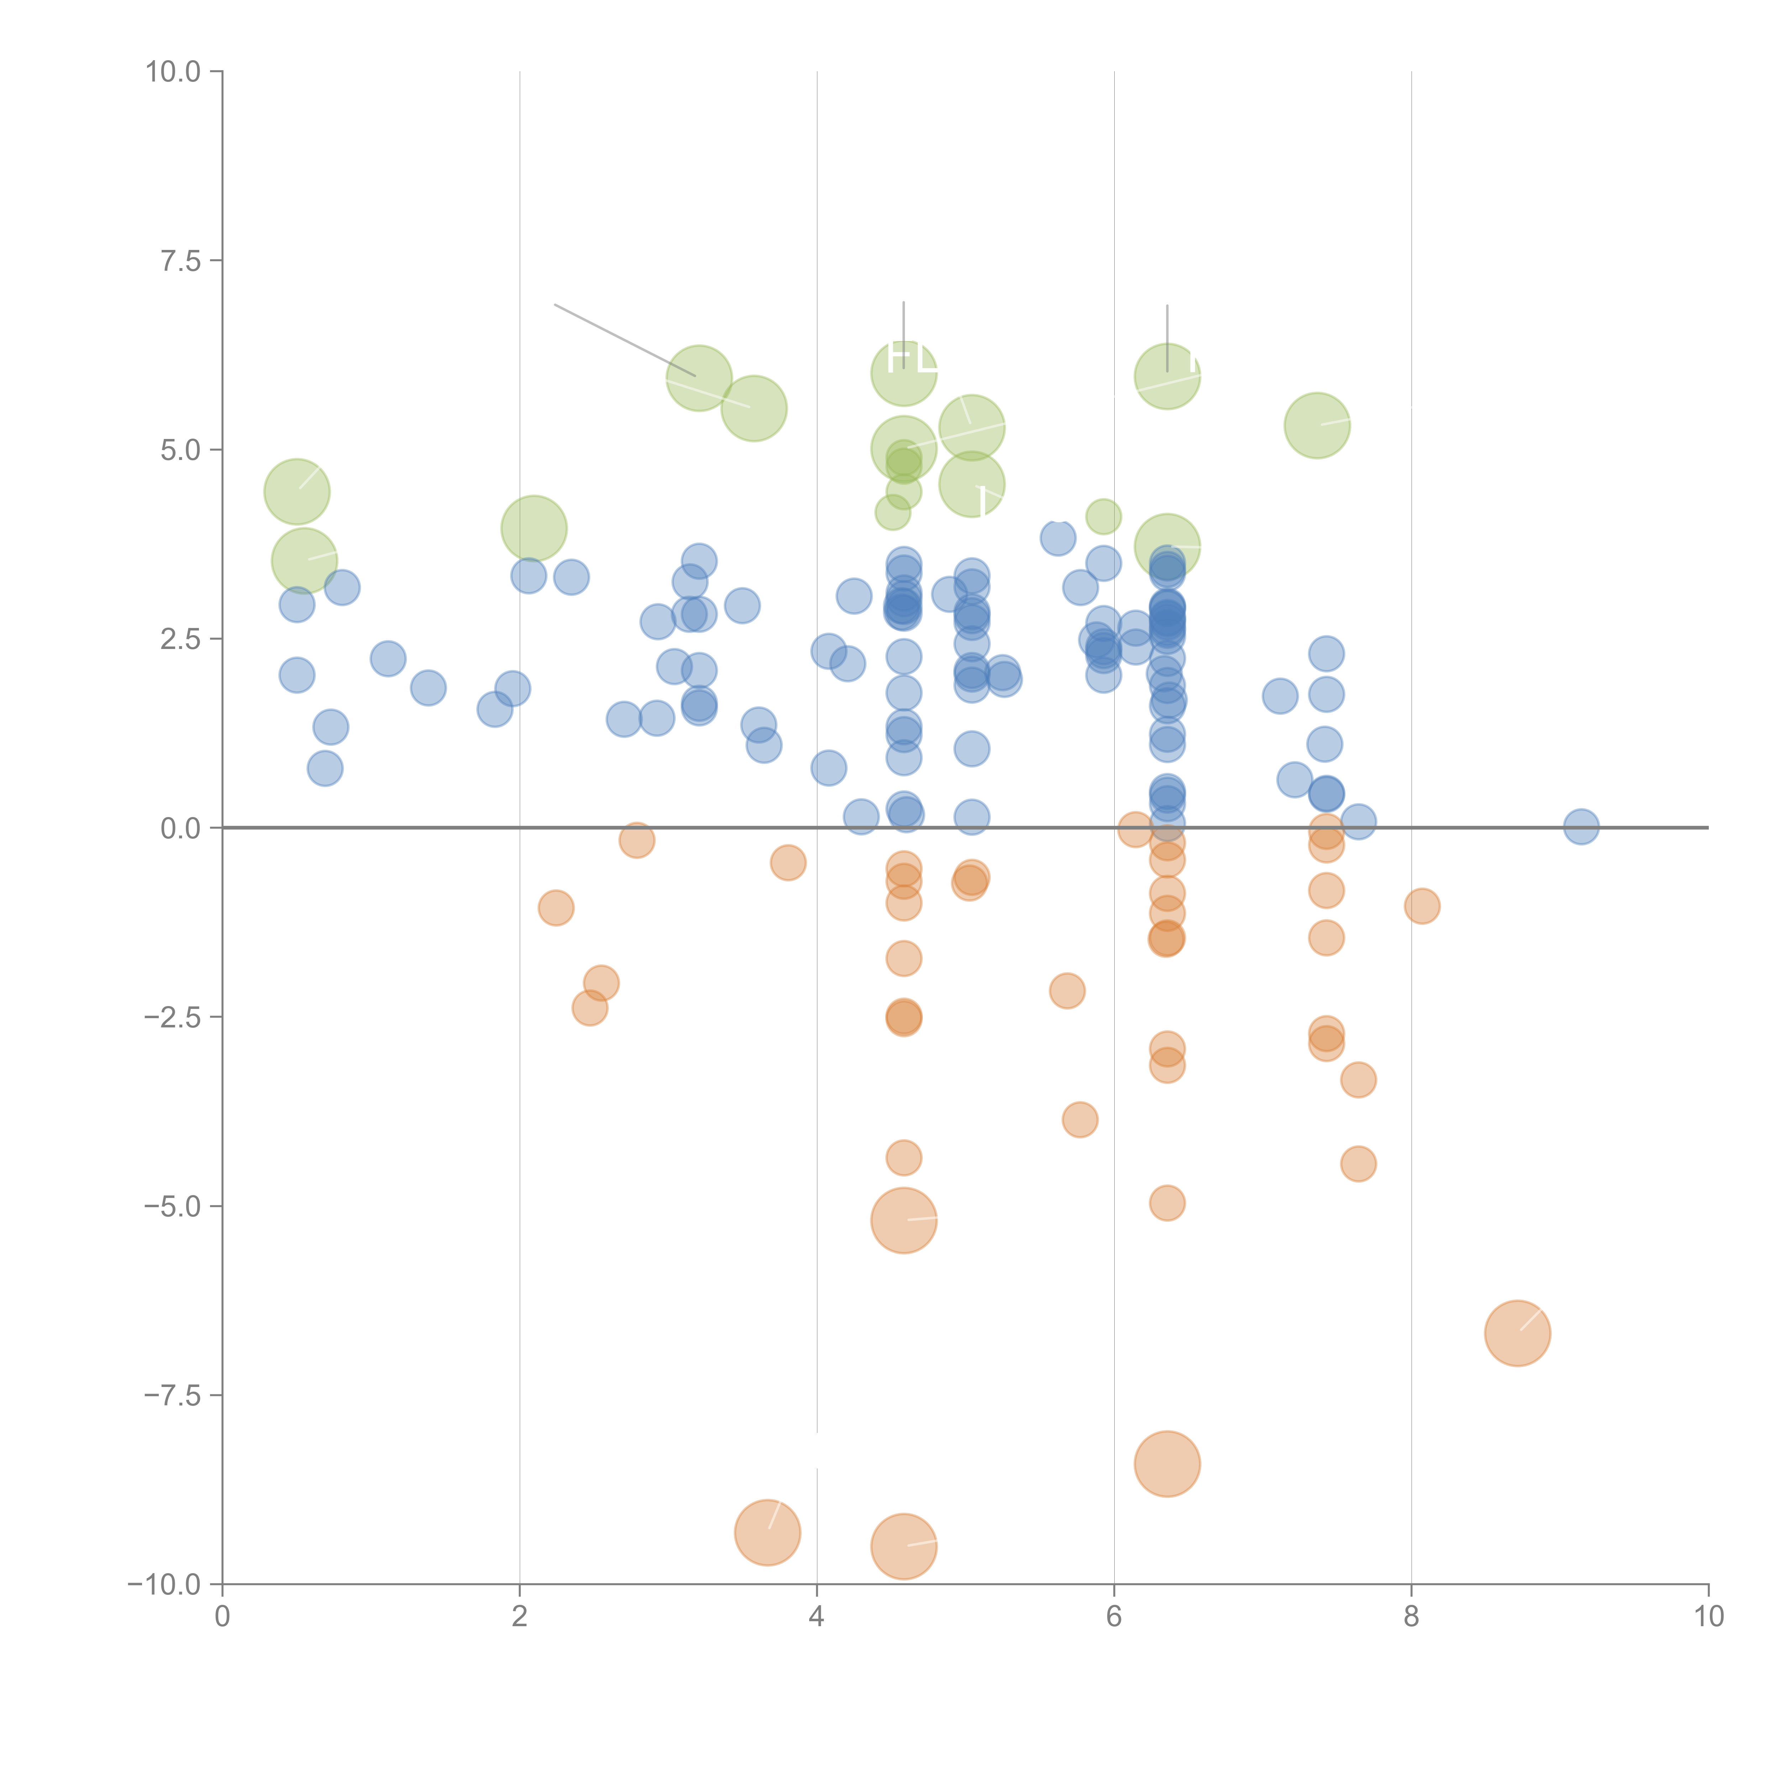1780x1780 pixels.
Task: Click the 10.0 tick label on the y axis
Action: [173, 72]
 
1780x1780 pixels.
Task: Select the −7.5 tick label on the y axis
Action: [173, 1395]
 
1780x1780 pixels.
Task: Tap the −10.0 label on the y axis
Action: [166, 1585]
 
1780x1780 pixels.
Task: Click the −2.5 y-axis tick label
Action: [173, 1017]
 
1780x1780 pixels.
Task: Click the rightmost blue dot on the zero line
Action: [1581, 826]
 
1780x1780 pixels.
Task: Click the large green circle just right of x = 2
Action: [533, 528]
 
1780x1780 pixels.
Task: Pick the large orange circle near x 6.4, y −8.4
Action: [1167, 1464]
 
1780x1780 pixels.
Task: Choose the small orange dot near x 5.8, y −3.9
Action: [1080, 1119]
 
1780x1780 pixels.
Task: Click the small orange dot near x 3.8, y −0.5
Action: [788, 862]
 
